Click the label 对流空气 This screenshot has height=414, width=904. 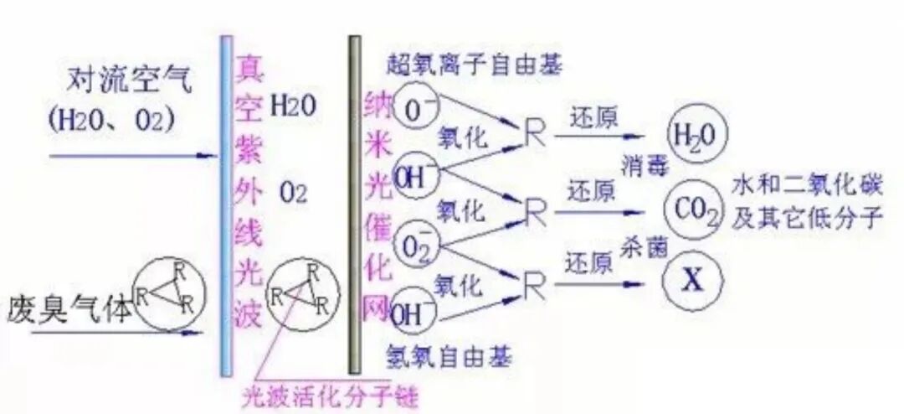131,81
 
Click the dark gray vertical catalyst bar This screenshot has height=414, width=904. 355,205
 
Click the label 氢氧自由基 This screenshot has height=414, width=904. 449,357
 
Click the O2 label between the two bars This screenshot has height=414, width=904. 295,195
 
